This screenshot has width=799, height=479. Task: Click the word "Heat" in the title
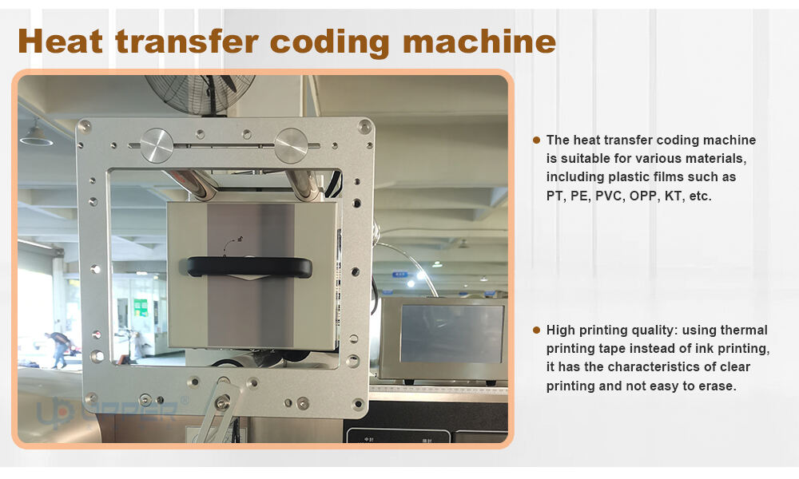(x=60, y=42)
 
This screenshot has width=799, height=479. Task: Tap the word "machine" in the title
(x=479, y=42)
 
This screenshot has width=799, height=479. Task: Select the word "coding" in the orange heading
(x=330, y=43)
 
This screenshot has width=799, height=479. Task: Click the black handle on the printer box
(x=249, y=267)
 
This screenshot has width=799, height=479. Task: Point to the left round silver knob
(x=157, y=145)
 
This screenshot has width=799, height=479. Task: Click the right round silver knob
(x=291, y=145)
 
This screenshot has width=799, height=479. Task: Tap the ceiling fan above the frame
(x=200, y=94)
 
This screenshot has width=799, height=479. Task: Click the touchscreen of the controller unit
(x=451, y=334)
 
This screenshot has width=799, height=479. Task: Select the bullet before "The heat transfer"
(x=536, y=140)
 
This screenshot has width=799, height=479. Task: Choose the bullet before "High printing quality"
(x=536, y=330)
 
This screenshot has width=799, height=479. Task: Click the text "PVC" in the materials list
(x=608, y=196)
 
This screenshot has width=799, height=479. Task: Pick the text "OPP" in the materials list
(x=642, y=196)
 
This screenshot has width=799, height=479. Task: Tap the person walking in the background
(x=58, y=349)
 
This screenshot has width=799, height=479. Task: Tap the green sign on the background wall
(x=141, y=308)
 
